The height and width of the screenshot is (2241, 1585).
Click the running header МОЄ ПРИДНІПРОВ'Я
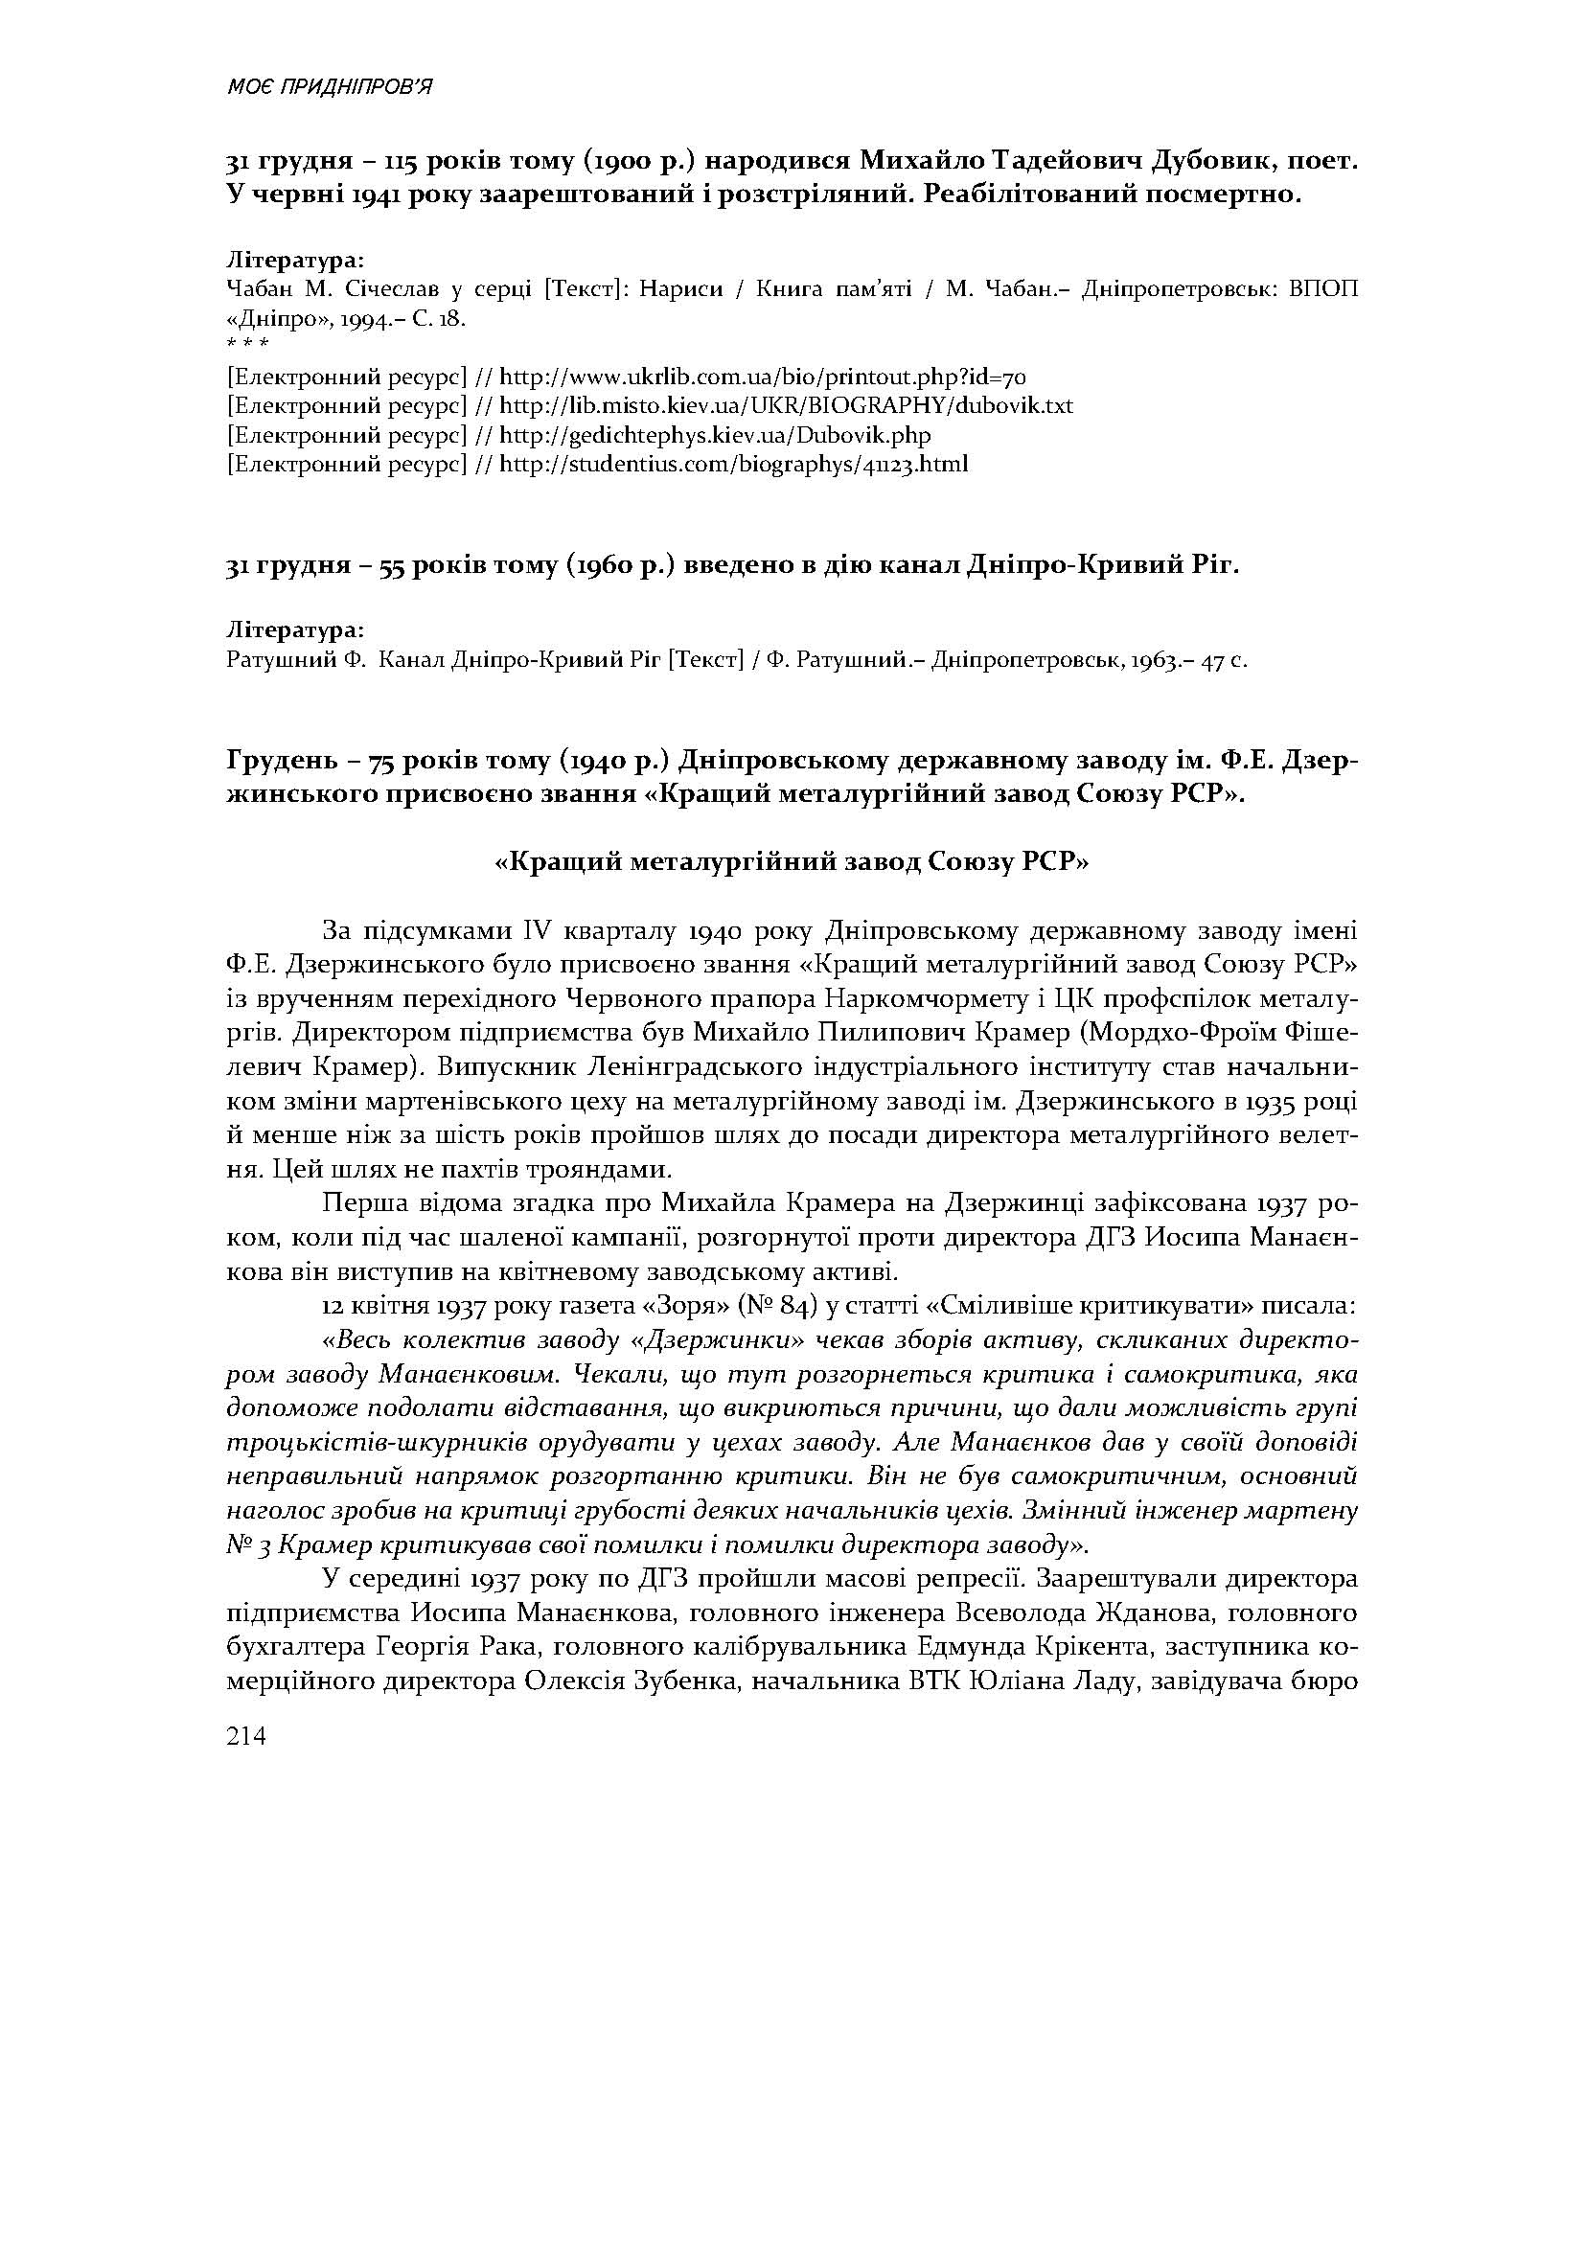tap(330, 88)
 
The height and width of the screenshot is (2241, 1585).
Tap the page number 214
tap(246, 1735)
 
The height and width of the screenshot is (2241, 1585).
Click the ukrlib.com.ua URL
tap(762, 377)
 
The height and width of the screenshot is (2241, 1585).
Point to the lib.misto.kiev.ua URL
tap(787, 405)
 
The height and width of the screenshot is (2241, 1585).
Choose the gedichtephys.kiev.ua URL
tap(716, 434)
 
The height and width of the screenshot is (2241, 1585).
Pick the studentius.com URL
tap(734, 464)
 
